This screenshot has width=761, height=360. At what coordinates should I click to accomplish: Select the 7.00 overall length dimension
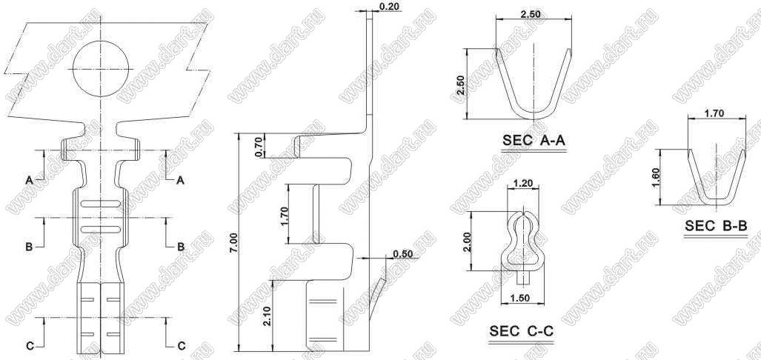[x=233, y=242]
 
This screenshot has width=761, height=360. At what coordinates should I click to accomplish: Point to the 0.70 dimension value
[x=258, y=147]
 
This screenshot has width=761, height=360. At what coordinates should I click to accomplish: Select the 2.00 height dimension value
[x=468, y=241]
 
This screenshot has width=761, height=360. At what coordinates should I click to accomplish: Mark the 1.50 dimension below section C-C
[x=520, y=299]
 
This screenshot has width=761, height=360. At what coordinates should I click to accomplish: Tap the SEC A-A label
[x=534, y=141]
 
